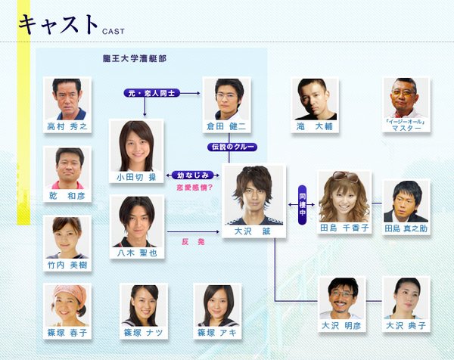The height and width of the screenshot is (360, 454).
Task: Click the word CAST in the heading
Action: [113, 31]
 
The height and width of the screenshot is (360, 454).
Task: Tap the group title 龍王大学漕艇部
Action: [135, 59]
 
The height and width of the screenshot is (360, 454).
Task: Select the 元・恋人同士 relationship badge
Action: [152, 93]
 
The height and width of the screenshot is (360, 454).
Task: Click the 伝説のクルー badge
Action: [232, 147]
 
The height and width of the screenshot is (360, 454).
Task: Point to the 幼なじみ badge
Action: [192, 175]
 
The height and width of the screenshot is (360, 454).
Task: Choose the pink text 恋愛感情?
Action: [194, 188]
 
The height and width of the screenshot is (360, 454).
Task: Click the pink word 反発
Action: [193, 242]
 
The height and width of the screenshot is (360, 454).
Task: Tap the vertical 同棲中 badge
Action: [302, 205]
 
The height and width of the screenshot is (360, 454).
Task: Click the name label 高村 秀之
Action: [67, 126]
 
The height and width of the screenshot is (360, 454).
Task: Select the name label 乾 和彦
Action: [67, 196]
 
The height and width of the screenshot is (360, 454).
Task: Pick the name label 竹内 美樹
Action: [67, 265]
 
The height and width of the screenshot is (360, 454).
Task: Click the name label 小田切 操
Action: [136, 177]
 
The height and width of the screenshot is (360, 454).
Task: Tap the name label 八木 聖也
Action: [137, 253]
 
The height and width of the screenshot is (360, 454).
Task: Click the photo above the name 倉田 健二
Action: [227, 99]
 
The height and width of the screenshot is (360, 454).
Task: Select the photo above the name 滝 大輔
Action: [315, 99]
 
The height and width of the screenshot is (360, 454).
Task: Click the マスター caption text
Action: [406, 128]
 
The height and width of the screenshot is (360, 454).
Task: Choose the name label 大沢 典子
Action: [406, 325]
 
